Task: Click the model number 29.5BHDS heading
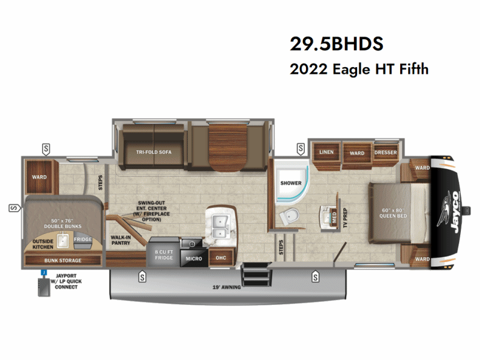pyautogui.click(x=336, y=44)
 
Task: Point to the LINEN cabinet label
pyautogui.click(x=326, y=152)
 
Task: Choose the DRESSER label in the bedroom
pyautogui.click(x=386, y=152)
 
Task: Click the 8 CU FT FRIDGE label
pyautogui.click(x=163, y=255)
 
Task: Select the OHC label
pyautogui.click(x=220, y=258)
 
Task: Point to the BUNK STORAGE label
pyautogui.click(x=62, y=260)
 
